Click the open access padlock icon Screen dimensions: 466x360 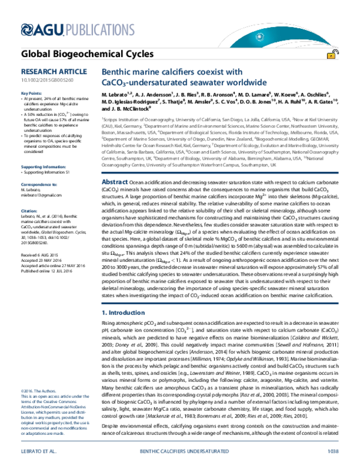click(x=331, y=55)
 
